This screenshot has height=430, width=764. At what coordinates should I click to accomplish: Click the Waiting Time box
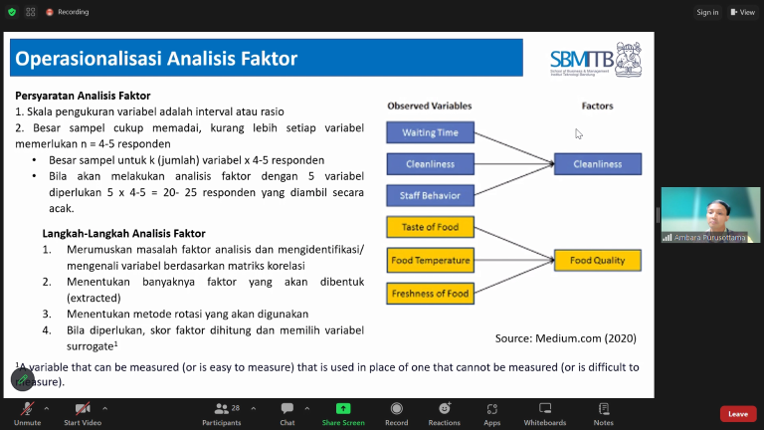tap(430, 132)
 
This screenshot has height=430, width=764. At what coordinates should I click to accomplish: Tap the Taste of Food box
tap(430, 228)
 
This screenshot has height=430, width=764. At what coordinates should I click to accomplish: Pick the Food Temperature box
tap(430, 261)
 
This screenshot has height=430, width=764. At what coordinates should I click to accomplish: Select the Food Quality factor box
tap(597, 261)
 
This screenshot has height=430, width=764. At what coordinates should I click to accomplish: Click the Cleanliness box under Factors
tap(597, 164)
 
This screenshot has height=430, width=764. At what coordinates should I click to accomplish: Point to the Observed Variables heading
tap(429, 106)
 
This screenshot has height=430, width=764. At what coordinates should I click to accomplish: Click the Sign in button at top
tap(707, 12)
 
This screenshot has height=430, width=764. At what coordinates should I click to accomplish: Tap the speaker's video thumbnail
tap(710, 214)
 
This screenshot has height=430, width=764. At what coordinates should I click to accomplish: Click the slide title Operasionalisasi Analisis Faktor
tap(156, 59)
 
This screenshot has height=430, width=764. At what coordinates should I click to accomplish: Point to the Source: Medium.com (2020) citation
tap(565, 338)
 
